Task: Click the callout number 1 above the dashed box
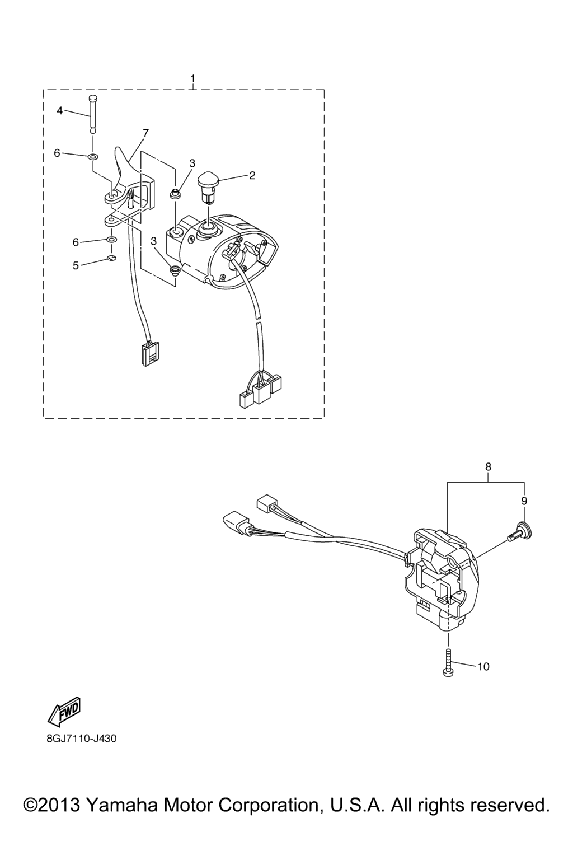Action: (193, 78)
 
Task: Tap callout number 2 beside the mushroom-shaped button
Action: (252, 175)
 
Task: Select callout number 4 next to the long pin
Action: (59, 111)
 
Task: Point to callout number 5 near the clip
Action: (76, 265)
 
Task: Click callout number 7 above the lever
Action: (145, 133)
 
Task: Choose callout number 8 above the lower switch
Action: (488, 467)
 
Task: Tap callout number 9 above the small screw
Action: (524, 501)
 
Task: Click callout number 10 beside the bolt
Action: (484, 667)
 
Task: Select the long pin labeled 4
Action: (92, 114)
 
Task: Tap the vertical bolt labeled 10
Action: (448, 663)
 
